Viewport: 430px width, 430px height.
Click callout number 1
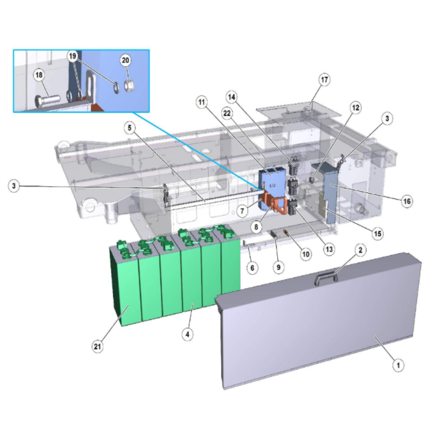point(398,365)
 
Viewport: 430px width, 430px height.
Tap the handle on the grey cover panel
point(326,278)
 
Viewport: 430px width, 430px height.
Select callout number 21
point(97,347)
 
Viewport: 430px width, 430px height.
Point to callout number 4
point(187,334)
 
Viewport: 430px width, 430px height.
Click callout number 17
point(324,80)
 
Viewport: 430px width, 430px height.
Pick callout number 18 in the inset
point(39,75)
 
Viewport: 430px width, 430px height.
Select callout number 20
point(125,60)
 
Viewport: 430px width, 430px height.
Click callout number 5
point(130,128)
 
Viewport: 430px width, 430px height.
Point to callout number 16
point(407,201)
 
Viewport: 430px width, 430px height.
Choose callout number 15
point(378,233)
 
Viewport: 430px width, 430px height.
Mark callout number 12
point(356,108)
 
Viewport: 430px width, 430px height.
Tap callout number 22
point(227,113)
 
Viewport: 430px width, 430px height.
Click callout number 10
point(306,254)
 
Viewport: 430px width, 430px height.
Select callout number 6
point(252,267)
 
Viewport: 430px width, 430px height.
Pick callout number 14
point(232,97)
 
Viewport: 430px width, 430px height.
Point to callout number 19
point(72,56)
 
